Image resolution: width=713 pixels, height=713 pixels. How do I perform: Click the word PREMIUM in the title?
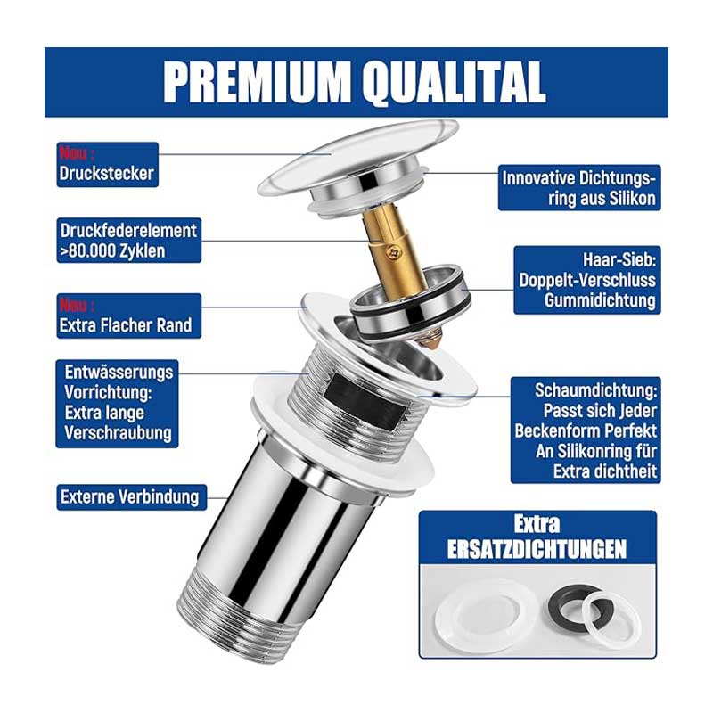pyautogui.click(x=257, y=82)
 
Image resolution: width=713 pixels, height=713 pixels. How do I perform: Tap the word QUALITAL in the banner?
pyautogui.click(x=455, y=82)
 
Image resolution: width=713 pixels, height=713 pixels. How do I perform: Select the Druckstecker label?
pyautogui.click(x=107, y=165)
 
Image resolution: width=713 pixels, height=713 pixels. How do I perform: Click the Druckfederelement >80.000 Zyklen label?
pyautogui.click(x=128, y=241)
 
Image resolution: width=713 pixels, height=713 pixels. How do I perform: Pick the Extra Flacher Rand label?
pyautogui.click(x=128, y=316)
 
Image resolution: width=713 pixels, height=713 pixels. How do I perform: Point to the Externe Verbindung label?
pyautogui.click(x=131, y=497)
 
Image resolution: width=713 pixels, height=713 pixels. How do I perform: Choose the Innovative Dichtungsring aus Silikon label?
pyautogui.click(x=579, y=188)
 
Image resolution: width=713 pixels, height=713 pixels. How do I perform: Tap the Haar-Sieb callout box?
pyautogui.click(x=587, y=280)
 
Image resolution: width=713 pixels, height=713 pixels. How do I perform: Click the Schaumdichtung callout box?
pyautogui.click(x=586, y=430)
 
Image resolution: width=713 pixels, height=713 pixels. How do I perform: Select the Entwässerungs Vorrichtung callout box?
pyautogui.click(x=118, y=404)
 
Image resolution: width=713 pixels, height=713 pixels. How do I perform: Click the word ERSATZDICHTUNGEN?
pyautogui.click(x=537, y=549)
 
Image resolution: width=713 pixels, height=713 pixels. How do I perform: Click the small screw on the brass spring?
pyautogui.click(x=393, y=250)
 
